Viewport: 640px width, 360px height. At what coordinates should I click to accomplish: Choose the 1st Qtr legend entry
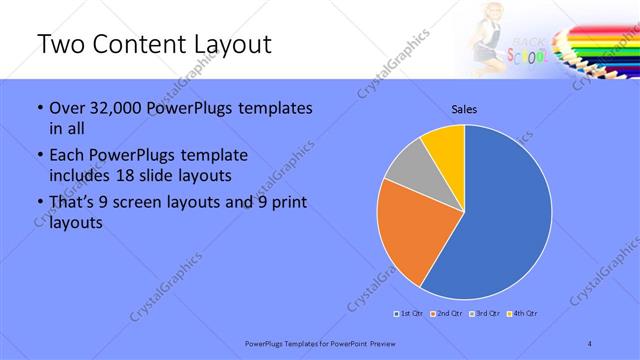point(408,314)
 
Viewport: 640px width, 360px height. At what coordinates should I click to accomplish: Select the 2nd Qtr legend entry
point(446,314)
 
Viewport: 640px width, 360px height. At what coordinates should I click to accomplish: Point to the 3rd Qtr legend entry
point(485,314)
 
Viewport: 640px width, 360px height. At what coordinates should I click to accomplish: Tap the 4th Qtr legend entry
point(524,314)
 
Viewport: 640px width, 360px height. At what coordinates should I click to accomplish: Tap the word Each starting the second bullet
point(66,155)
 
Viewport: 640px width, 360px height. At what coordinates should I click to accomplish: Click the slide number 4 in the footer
point(590,343)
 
